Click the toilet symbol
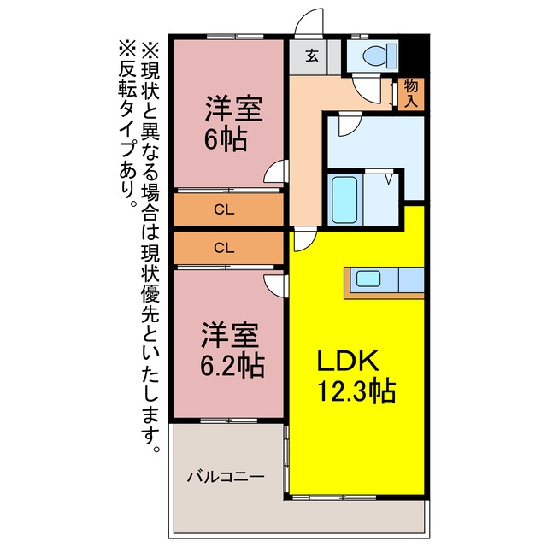pos(380,56)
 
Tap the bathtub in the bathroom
pos(344,199)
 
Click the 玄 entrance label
pos(312,56)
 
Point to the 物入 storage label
pos(411,93)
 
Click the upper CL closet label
pos(224,209)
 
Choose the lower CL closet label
pos(224,248)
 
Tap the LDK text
pos(348,361)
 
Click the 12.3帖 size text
pos(356,391)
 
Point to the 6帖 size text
pos(226,139)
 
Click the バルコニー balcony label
pos(226,477)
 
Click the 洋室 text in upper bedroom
pos(233,109)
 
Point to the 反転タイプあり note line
pos(126,123)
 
